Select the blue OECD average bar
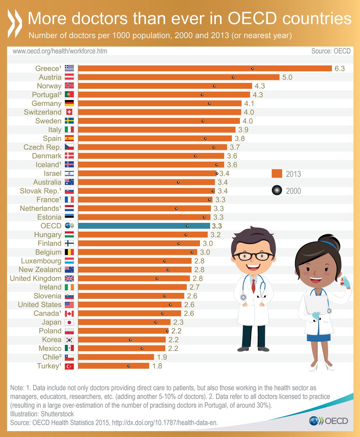[144, 226]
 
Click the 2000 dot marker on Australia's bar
[178, 182]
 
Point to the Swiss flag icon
[69, 112]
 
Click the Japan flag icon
[69, 322]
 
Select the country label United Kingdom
[36, 279]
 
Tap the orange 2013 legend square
[277, 173]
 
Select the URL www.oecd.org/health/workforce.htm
[60, 51]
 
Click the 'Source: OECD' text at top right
[331, 51]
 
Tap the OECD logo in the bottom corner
[328, 421]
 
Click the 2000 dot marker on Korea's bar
[130, 340]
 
